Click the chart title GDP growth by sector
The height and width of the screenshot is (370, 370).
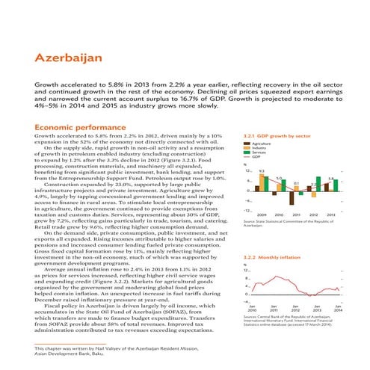[x=277, y=136]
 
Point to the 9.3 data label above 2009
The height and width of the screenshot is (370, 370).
[x=261, y=171]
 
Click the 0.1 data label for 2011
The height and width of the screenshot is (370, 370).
[x=296, y=182]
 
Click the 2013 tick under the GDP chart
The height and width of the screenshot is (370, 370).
[x=330, y=215]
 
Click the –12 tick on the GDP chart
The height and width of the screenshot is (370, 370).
[x=247, y=210]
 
